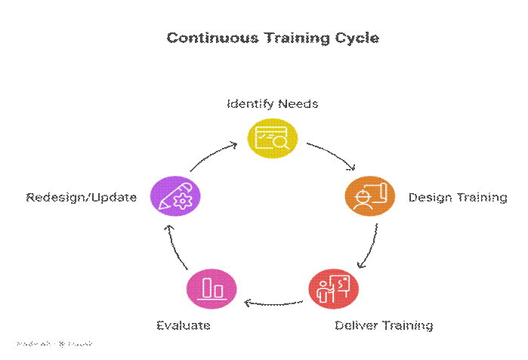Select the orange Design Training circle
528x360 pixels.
[x=369, y=196]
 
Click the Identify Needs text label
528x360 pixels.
[x=273, y=103]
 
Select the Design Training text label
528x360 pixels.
[x=458, y=197]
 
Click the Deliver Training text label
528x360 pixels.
[x=384, y=325]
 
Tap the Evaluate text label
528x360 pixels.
[x=183, y=325]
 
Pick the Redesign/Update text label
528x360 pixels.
[x=82, y=197]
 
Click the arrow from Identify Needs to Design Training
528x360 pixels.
[x=334, y=154]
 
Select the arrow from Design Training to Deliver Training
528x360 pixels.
[x=367, y=246]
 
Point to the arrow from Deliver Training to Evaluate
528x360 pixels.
[x=273, y=304]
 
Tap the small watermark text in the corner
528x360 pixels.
[x=54, y=343]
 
